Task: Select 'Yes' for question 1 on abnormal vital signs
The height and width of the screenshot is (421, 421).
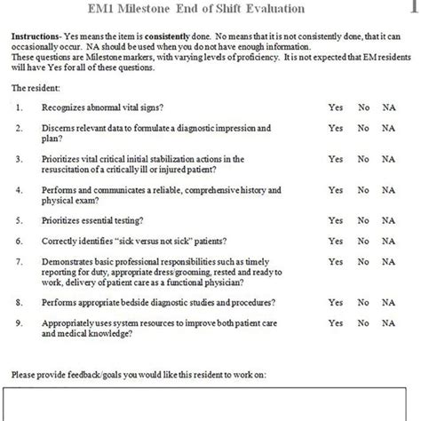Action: click(335, 107)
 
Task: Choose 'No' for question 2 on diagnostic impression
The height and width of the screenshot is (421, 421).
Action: click(362, 128)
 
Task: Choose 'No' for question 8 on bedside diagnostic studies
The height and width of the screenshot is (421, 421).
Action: click(362, 303)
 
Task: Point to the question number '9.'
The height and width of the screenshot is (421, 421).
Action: click(20, 323)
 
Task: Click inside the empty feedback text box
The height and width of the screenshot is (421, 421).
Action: click(210, 404)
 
